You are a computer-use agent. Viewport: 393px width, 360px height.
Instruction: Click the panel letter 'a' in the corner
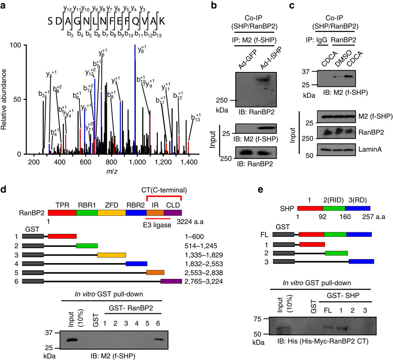4,5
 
